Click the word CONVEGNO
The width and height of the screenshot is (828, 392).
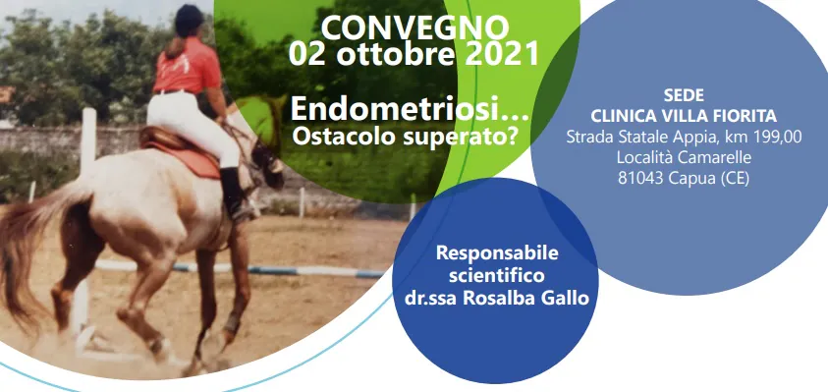coord(415,28)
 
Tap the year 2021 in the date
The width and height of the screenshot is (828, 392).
coord(502,54)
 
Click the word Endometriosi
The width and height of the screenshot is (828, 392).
coord(399,109)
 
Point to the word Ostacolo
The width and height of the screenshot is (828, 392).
coord(341,137)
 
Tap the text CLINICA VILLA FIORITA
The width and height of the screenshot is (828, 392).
coord(684,116)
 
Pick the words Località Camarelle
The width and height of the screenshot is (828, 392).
coord(684,157)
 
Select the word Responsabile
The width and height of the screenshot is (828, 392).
coord(497,253)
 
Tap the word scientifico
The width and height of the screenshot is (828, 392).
coord(496,275)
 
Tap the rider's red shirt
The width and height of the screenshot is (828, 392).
coord(188,65)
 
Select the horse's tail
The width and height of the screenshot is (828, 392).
coord(29,249)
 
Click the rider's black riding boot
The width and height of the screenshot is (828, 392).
coord(235,194)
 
